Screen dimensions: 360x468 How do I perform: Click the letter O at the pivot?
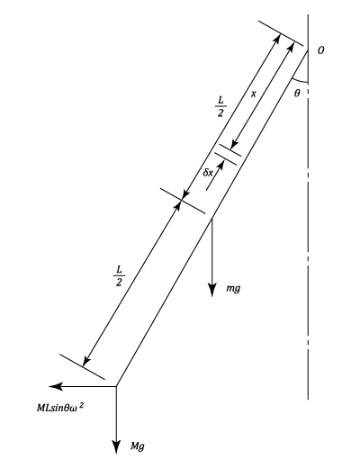click(x=321, y=50)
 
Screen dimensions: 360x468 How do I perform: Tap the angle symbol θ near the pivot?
click(x=297, y=94)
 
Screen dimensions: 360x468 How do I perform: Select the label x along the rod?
click(x=254, y=94)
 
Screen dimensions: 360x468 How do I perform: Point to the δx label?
click(x=208, y=173)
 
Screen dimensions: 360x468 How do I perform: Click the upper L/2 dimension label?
click(x=220, y=106)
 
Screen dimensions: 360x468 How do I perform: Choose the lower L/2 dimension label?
click(x=119, y=276)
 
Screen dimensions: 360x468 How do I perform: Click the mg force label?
click(x=233, y=288)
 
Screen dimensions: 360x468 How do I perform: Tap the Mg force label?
click(x=138, y=446)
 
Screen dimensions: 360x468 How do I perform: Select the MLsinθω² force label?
click(x=60, y=408)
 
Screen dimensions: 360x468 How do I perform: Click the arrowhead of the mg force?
click(x=212, y=291)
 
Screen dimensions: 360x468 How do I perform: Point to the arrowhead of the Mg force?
click(x=116, y=447)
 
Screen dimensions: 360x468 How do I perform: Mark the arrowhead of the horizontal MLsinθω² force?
click(x=56, y=386)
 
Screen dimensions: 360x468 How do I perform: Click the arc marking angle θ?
click(x=300, y=81)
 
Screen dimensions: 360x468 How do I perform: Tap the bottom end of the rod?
click(x=116, y=386)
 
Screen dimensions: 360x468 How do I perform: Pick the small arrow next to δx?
click(x=215, y=175)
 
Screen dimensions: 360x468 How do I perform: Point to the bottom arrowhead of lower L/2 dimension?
click(x=86, y=361)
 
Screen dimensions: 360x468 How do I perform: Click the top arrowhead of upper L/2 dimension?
click(x=277, y=38)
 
